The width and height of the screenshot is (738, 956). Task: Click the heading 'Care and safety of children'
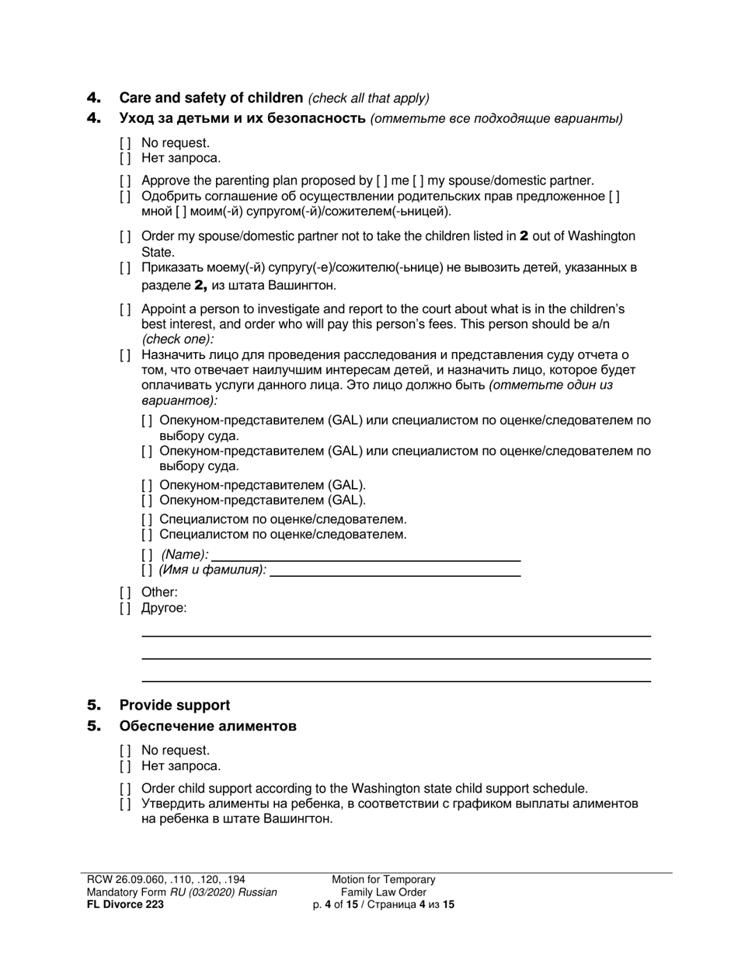(x=211, y=98)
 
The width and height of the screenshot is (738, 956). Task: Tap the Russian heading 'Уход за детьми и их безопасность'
(x=242, y=119)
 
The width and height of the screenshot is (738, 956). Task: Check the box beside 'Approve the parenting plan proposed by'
(x=125, y=181)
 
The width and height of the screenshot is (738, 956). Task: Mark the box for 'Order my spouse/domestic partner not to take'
(x=125, y=236)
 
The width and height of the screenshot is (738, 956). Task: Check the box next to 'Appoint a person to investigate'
(x=125, y=309)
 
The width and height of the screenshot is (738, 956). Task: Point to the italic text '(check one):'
(x=178, y=340)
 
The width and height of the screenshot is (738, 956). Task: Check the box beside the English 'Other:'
(x=125, y=592)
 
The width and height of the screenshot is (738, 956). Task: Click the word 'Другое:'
(x=164, y=608)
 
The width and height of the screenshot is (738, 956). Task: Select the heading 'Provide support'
(x=174, y=706)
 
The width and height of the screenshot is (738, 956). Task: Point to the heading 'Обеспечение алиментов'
(x=207, y=727)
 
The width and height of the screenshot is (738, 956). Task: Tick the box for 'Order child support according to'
(x=125, y=788)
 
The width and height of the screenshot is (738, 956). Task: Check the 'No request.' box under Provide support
(x=125, y=751)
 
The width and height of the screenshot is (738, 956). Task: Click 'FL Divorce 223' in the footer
(x=125, y=904)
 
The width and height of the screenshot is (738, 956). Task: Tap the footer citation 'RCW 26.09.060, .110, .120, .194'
(x=166, y=880)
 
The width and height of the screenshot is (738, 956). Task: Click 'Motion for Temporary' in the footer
(x=384, y=880)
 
